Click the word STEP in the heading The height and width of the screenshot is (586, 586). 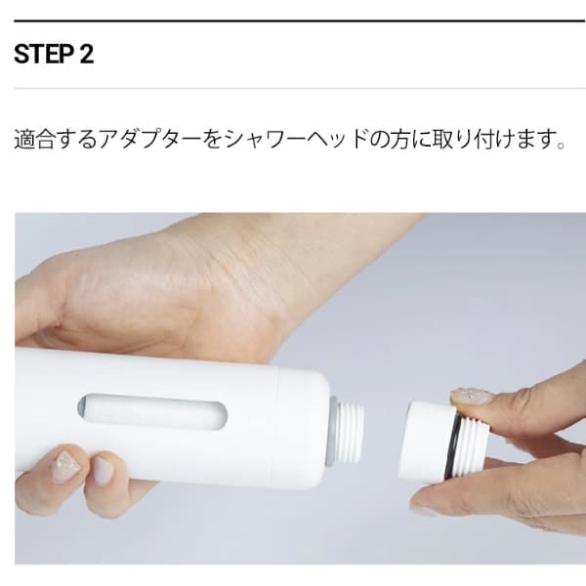point(43,54)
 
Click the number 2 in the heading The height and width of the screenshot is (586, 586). point(86,54)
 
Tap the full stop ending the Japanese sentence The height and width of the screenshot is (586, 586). point(561,145)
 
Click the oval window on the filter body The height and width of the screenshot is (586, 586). point(152,410)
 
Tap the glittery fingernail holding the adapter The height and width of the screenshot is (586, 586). point(472,397)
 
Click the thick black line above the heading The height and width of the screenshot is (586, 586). point(300,21)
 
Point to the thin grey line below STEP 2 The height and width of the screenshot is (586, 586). point(300,89)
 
